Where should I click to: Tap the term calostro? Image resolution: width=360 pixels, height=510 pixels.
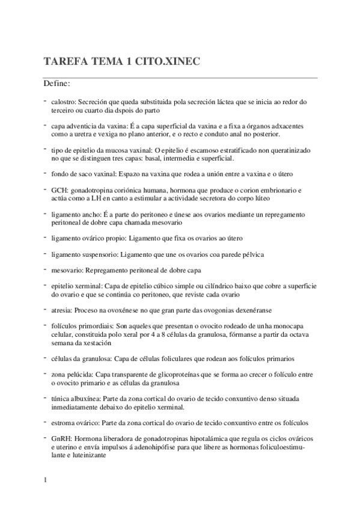click(64, 103)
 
